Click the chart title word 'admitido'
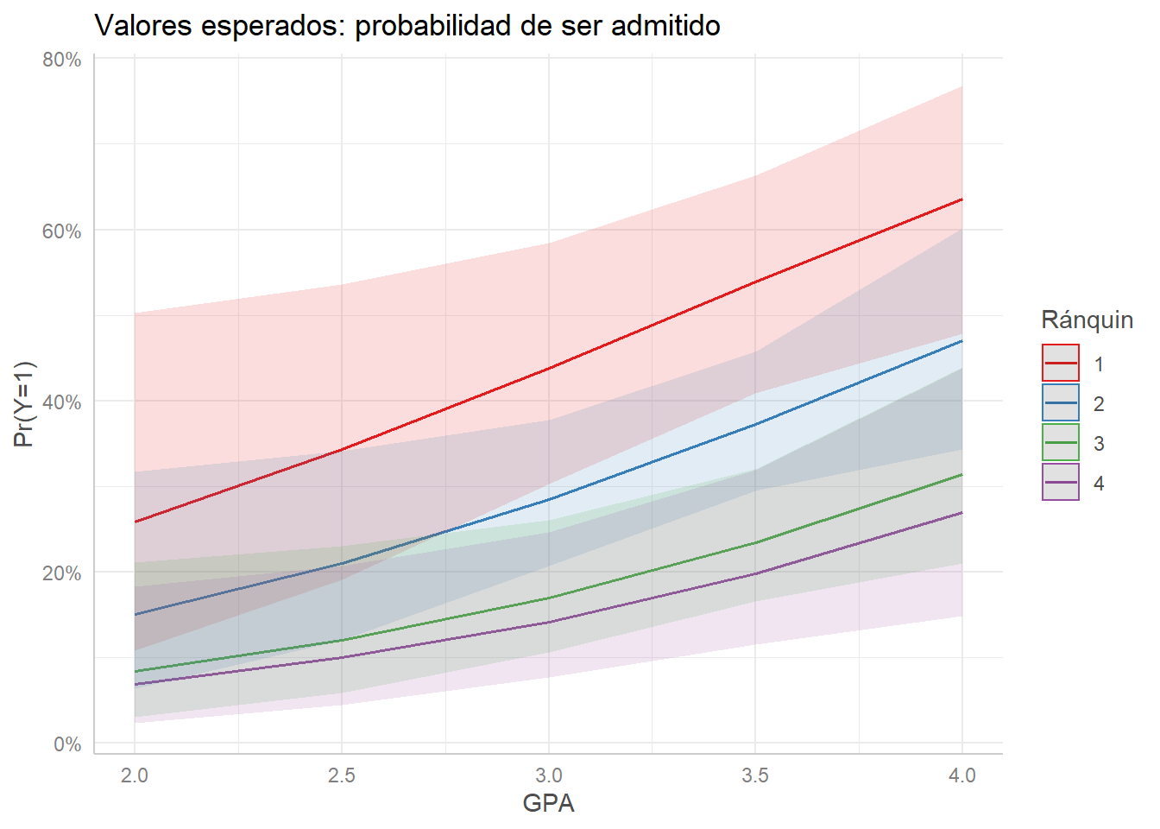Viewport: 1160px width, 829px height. [665, 26]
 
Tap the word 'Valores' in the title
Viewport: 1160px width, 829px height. [143, 26]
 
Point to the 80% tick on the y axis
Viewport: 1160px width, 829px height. [62, 60]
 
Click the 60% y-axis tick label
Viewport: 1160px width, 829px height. [62, 231]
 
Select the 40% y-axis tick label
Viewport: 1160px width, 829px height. [62, 402]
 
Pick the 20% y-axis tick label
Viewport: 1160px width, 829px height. [62, 573]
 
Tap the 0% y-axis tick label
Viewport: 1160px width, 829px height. [67, 744]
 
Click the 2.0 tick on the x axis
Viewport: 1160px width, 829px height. [135, 775]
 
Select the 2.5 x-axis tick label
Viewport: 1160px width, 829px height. [342, 775]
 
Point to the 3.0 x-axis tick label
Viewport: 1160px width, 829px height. [549, 775]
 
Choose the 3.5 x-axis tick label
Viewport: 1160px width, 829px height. [755, 775]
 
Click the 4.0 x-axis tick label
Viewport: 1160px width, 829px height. [962, 775]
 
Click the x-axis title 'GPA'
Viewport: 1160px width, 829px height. [548, 803]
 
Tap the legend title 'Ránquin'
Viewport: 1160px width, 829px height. [1087, 320]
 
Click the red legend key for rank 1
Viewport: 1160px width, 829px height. [1061, 363]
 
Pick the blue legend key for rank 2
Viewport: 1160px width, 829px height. [1061, 402]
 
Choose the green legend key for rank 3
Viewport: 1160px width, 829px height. [1061, 442]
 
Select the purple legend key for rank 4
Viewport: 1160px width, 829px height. [1061, 482]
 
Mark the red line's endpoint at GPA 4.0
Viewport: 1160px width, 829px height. [962, 199]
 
